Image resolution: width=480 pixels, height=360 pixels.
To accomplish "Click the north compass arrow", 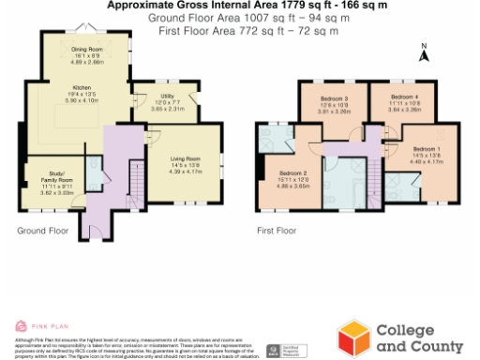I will click(x=425, y=55).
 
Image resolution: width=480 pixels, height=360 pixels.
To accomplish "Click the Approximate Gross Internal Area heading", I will click(x=241, y=5).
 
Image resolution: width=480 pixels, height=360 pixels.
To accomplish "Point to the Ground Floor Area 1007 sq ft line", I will click(x=241, y=18).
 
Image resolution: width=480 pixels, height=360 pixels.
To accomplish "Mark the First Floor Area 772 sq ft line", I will click(x=241, y=31).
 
